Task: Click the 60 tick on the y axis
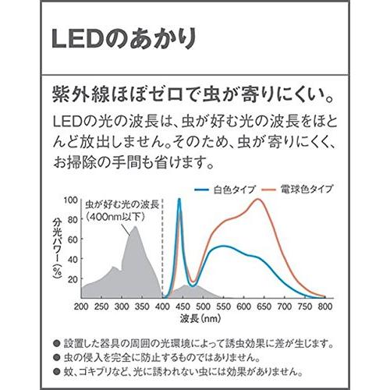[x=69, y=239]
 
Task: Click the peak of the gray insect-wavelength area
[x=136, y=228]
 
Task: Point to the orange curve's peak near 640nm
[x=259, y=199]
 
